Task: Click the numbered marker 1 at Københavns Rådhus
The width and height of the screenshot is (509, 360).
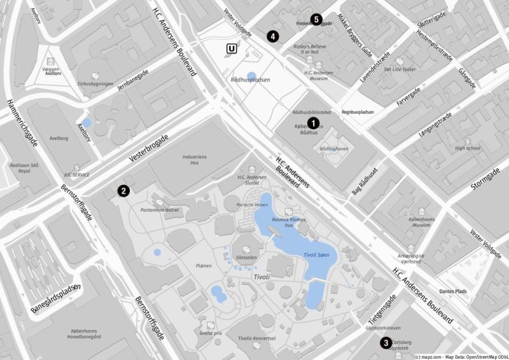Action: [312, 121]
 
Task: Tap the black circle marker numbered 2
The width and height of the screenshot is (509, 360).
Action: [123, 190]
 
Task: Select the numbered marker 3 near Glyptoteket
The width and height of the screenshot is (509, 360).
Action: [386, 343]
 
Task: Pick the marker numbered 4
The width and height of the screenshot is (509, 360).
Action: [272, 36]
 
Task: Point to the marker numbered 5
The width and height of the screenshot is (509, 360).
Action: [316, 19]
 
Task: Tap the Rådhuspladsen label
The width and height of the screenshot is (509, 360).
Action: [250, 80]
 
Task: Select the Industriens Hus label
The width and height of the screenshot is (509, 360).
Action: [195, 160]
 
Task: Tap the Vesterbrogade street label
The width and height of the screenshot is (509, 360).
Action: [149, 148]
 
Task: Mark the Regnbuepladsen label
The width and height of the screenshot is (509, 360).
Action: [358, 112]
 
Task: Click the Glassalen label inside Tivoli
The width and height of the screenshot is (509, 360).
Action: [246, 258]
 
